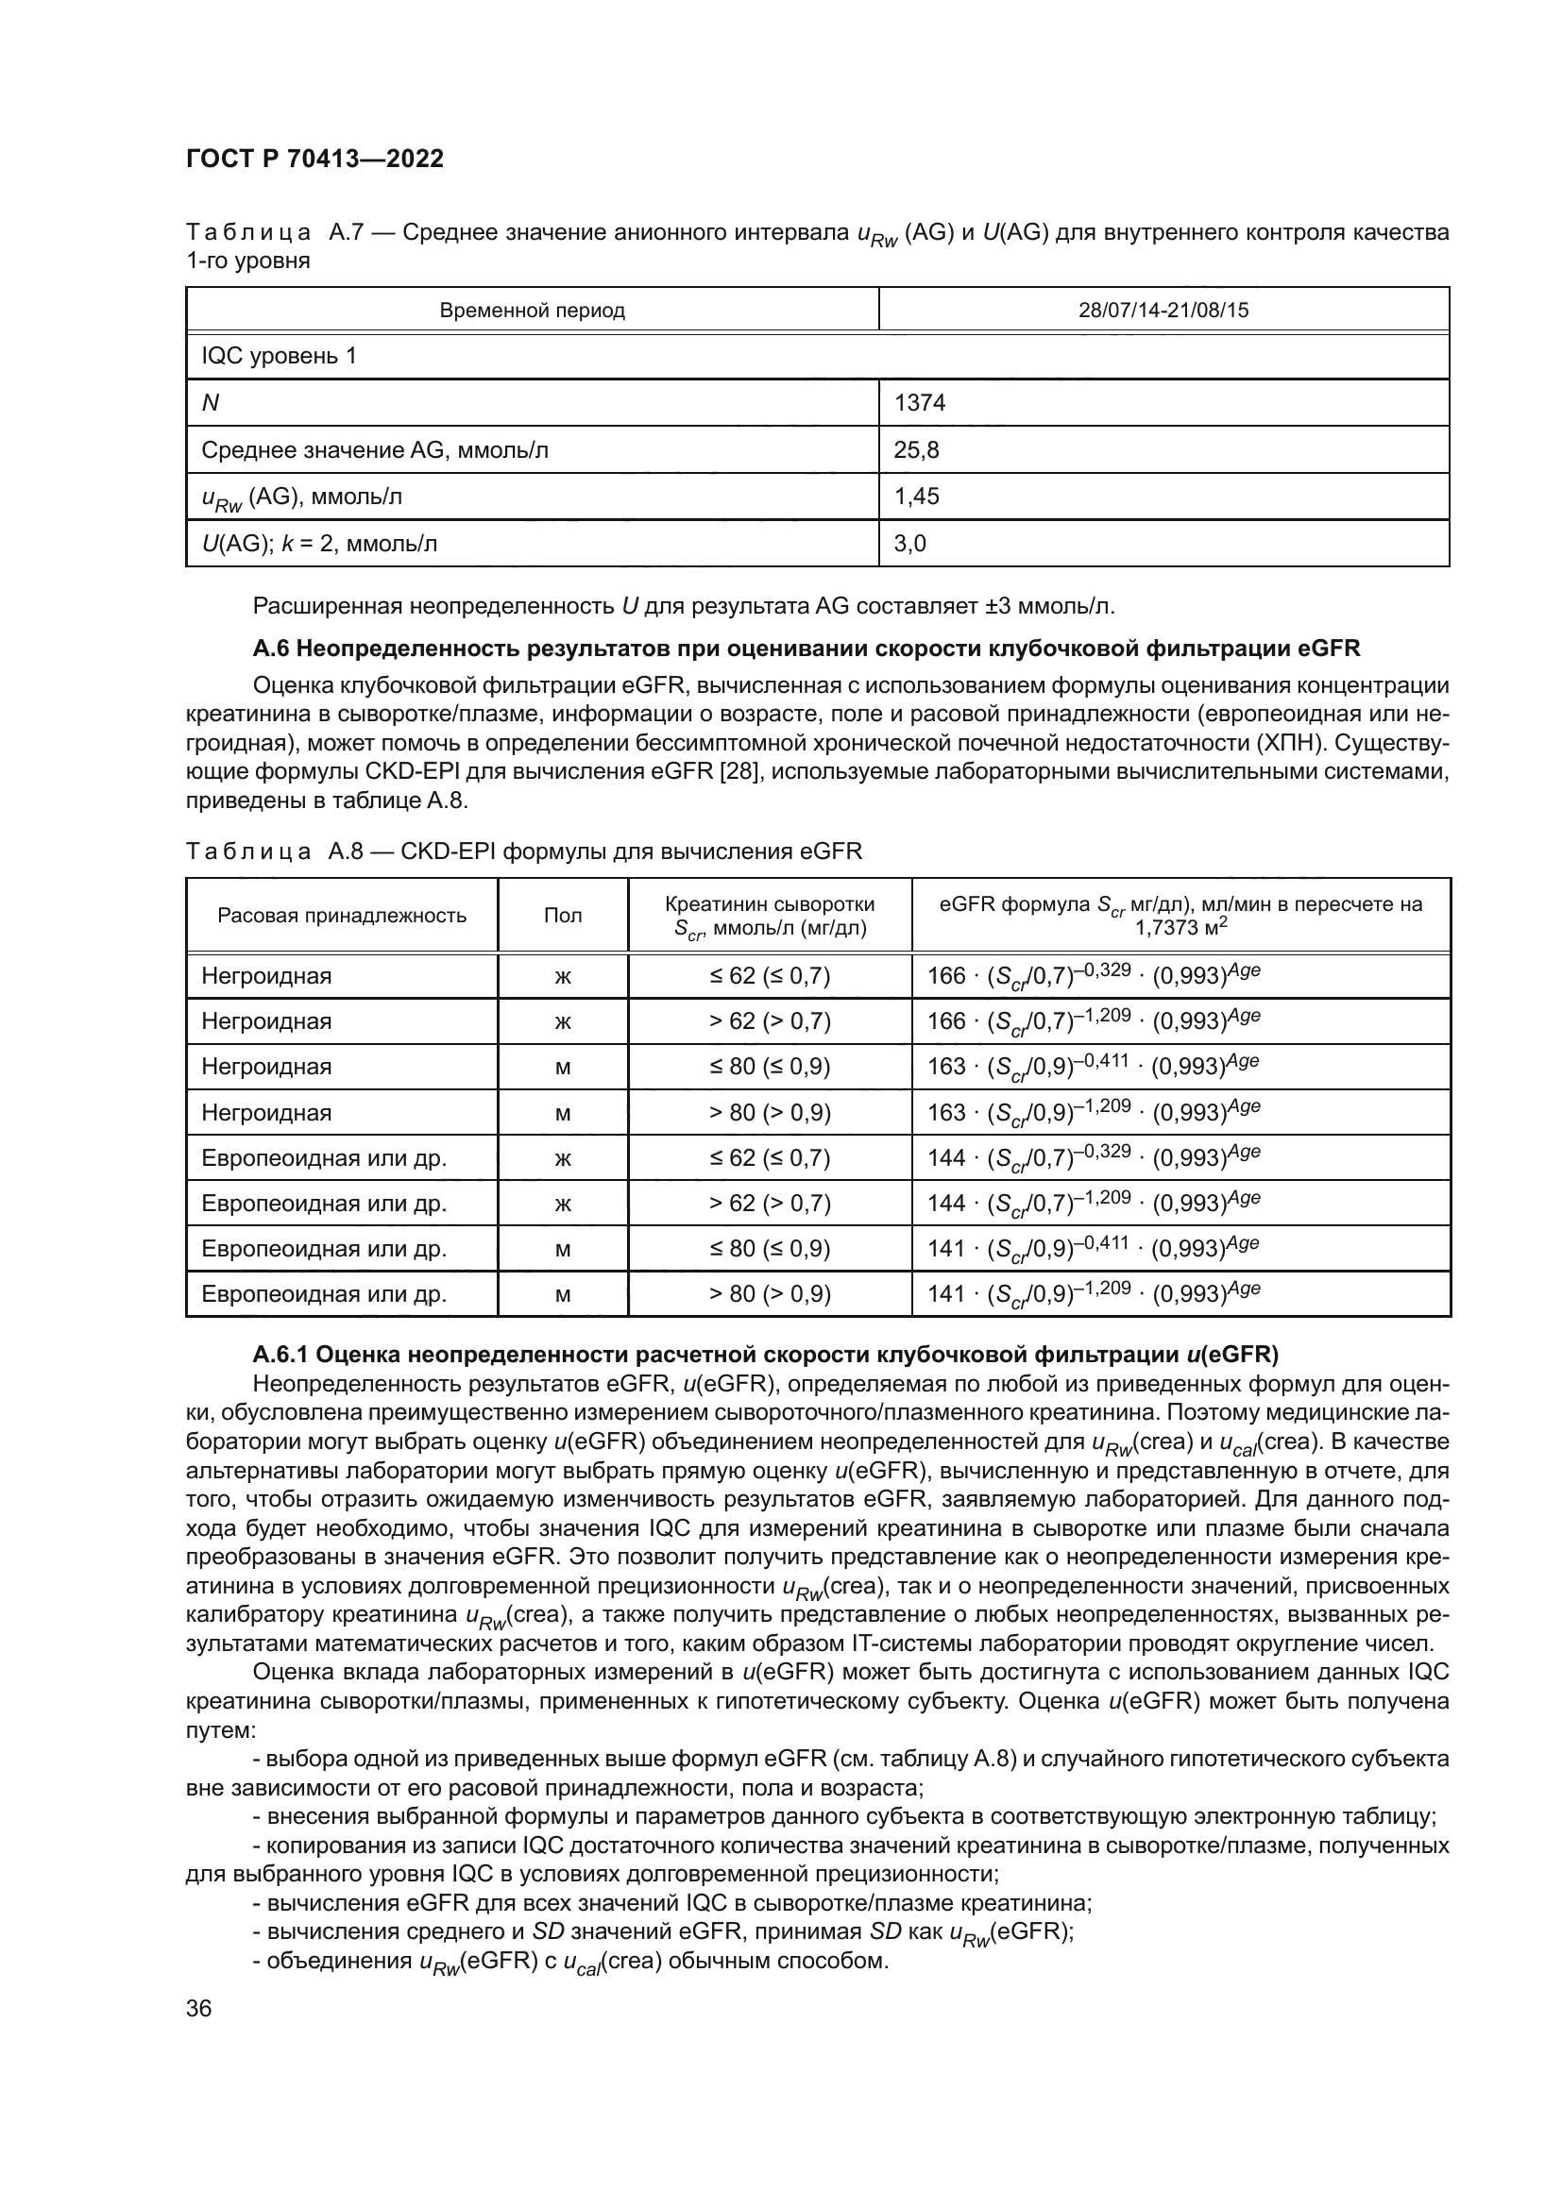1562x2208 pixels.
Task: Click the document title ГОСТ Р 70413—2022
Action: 314,160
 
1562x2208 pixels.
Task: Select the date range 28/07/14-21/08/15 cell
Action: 1163,311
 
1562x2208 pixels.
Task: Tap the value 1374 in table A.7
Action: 920,403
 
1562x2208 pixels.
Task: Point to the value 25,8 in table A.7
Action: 917,450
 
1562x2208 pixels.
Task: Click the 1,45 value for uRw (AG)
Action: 917,497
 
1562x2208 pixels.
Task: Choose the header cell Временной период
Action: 532,311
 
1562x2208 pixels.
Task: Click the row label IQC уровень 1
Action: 279,356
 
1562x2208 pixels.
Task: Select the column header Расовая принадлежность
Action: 342,916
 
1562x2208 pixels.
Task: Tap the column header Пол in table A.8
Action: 563,916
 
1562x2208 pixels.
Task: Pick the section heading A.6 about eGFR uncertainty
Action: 806,649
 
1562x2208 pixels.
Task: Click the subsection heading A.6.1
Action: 765,1355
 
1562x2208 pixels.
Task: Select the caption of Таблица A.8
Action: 524,851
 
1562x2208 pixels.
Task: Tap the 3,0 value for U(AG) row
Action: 909,544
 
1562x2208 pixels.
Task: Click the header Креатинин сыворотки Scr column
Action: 770,916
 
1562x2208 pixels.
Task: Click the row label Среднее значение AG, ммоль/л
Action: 375,450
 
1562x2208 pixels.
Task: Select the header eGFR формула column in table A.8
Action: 1180,915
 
